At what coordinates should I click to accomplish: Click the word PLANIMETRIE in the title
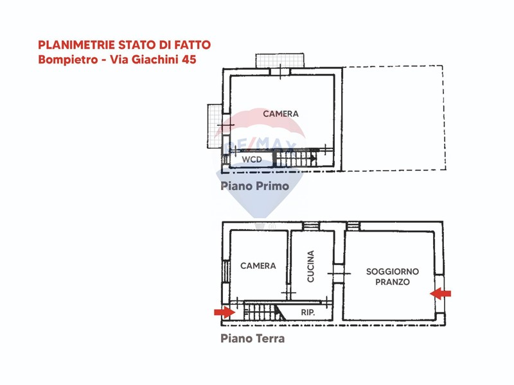pyautogui.click(x=76, y=44)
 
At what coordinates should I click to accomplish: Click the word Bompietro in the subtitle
pyautogui.click(x=68, y=60)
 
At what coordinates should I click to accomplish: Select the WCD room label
pyautogui.click(x=252, y=159)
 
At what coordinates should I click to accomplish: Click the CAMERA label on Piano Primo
pyautogui.click(x=281, y=114)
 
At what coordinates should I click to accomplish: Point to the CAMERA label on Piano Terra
pyautogui.click(x=258, y=266)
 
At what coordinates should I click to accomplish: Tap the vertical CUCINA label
pyautogui.click(x=310, y=266)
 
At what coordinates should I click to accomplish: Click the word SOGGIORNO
pyautogui.click(x=393, y=271)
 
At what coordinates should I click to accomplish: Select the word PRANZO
pyautogui.click(x=393, y=282)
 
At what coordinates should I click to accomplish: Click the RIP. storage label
pyautogui.click(x=308, y=312)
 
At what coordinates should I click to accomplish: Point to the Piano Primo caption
pyautogui.click(x=254, y=186)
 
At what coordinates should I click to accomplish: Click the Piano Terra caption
pyautogui.click(x=253, y=338)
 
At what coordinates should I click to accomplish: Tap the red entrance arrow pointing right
pyautogui.click(x=224, y=312)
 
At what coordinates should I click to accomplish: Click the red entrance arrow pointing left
pyautogui.click(x=440, y=294)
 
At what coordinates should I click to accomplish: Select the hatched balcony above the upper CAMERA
pyautogui.click(x=279, y=60)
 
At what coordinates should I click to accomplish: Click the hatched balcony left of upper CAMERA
pyautogui.click(x=215, y=126)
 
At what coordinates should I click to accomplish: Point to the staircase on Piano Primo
pyautogui.click(x=296, y=158)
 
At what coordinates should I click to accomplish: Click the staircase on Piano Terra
pyautogui.click(x=265, y=311)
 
